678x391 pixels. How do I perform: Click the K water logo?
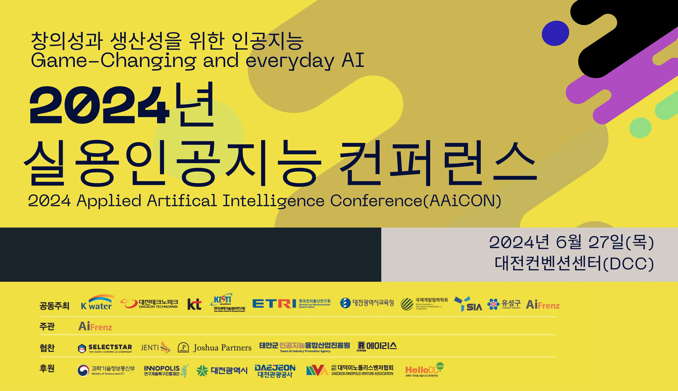pos(97,303)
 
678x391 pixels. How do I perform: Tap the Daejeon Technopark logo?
pos(149,304)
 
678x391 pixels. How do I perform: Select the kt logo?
pos(194,304)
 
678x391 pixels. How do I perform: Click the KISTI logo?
pos(222,303)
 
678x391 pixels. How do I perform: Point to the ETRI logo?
pos(274,304)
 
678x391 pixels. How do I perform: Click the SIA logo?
pos(468,304)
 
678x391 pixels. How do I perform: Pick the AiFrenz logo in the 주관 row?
pos(95,326)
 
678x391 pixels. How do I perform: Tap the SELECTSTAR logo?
pos(105,348)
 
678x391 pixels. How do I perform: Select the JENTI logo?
pos(156,348)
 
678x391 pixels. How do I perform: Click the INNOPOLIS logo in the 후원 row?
pos(166,370)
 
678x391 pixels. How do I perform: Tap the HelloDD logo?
pos(424,370)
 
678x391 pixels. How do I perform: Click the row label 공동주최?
pos(54,306)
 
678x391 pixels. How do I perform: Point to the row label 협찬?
pos(47,348)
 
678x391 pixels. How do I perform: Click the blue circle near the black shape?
pos(556,33)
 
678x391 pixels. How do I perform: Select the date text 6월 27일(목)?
pos(605,243)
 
